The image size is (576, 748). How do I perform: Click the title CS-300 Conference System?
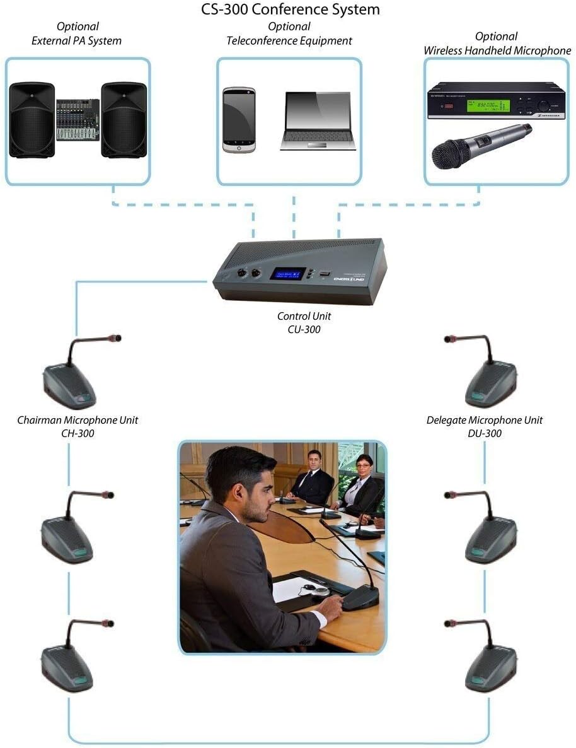pyautogui.click(x=290, y=9)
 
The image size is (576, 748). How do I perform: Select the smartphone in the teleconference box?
pyautogui.click(x=239, y=120)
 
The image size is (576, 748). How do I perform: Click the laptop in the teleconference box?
pyautogui.click(x=318, y=120)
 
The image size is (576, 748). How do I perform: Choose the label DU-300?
pyautogui.click(x=484, y=433)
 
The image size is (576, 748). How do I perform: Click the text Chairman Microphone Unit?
pyautogui.click(x=78, y=419)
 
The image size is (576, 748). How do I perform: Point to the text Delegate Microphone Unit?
pyautogui.click(x=484, y=419)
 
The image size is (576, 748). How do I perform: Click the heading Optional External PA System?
pyautogui.click(x=78, y=33)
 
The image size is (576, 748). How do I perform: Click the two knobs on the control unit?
pyautogui.click(x=248, y=274)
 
